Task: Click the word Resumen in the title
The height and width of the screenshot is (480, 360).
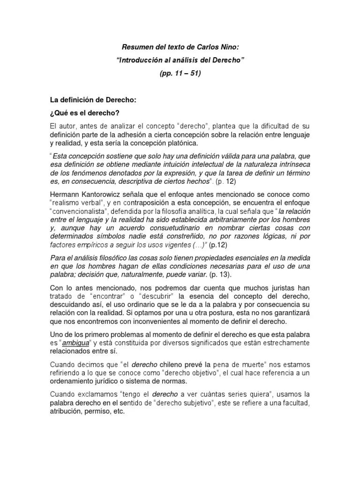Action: (x=137, y=47)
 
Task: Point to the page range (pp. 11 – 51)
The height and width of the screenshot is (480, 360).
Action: (x=180, y=74)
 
